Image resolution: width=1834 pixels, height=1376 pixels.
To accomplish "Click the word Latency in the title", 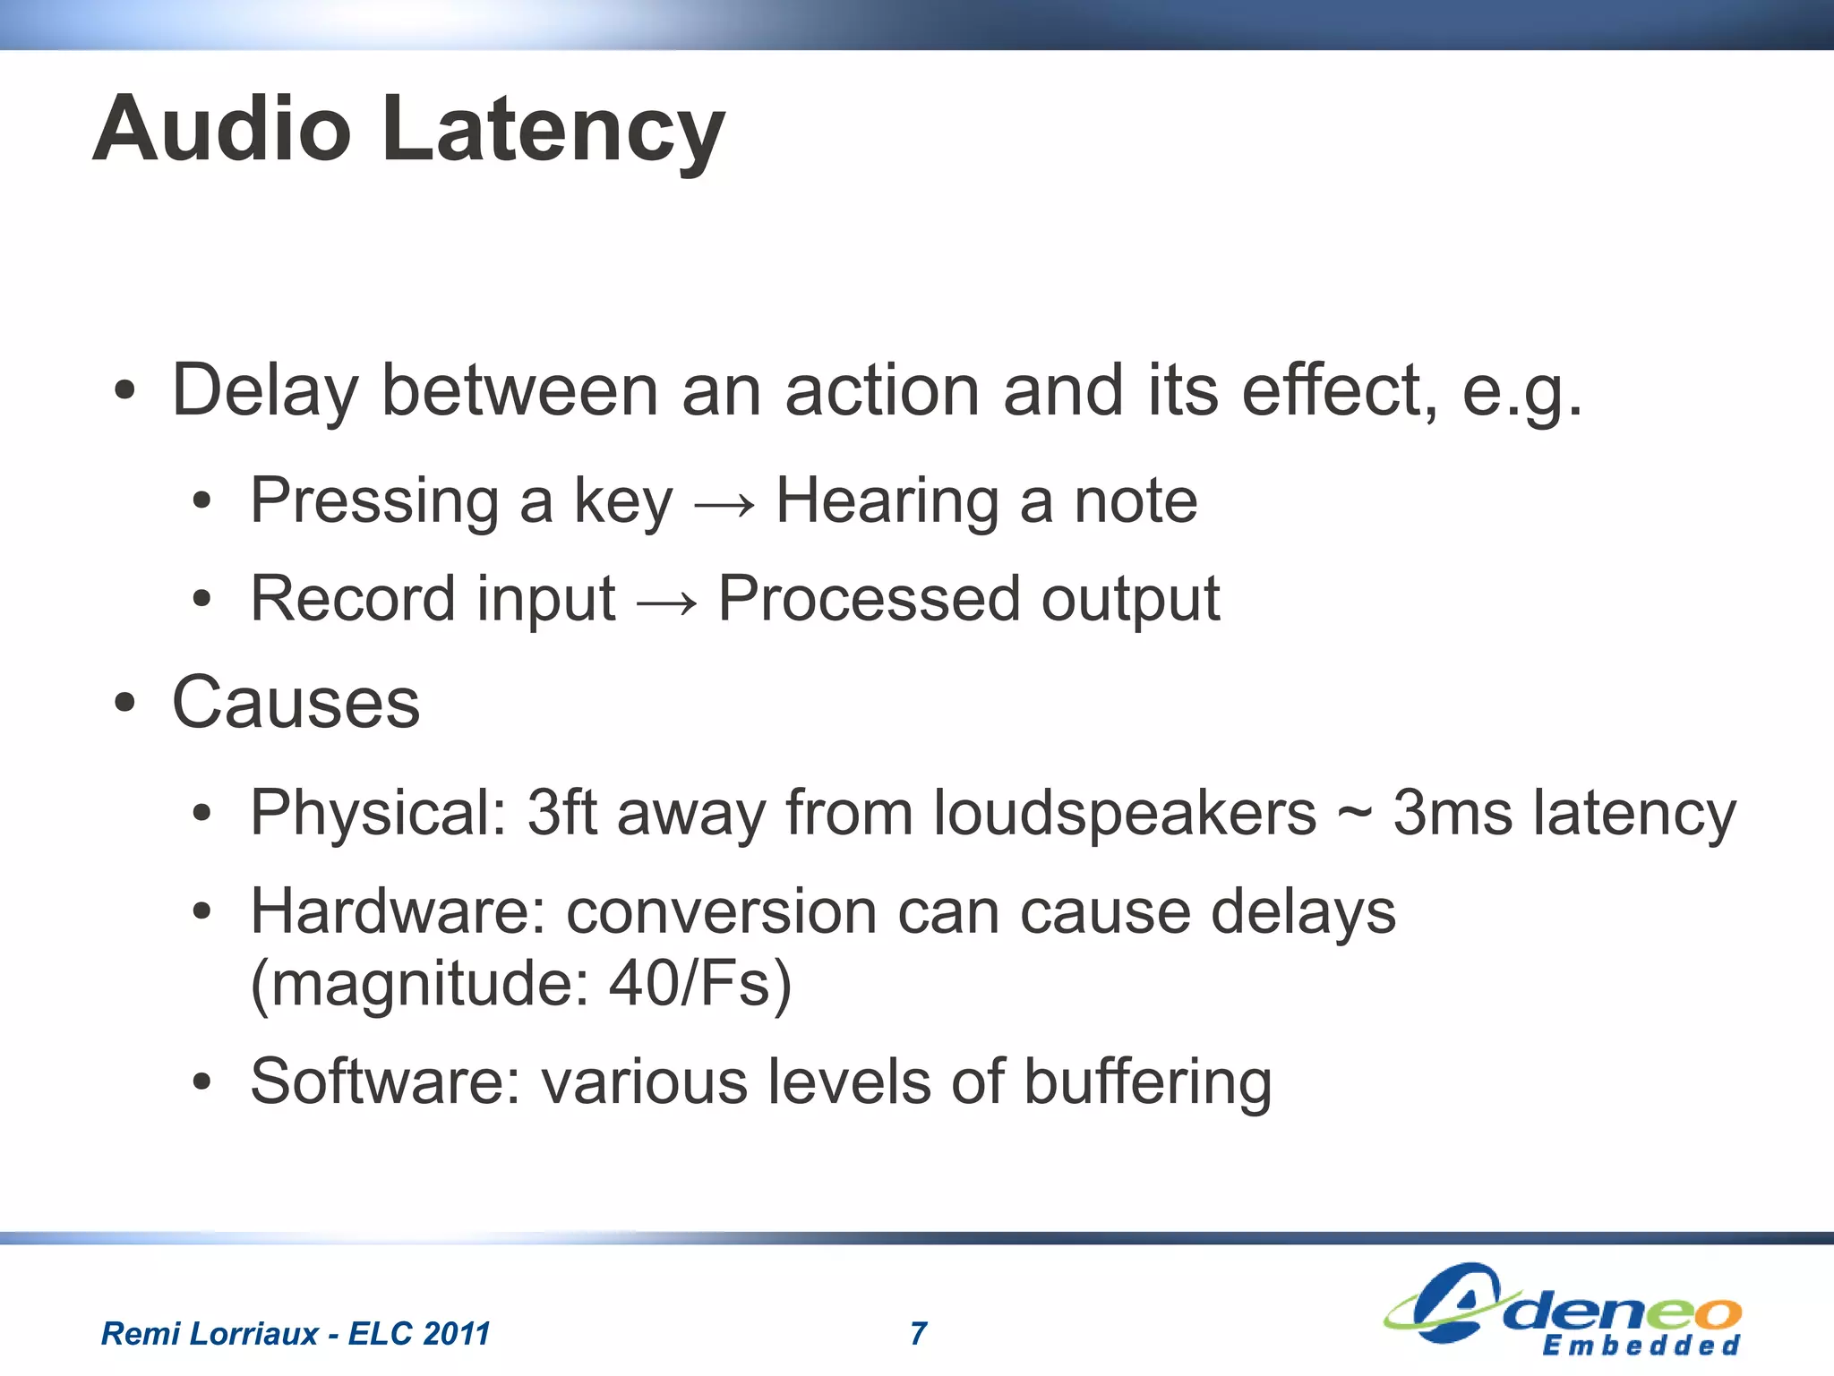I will click(553, 131).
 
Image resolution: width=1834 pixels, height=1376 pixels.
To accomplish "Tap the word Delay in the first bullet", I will click(265, 392).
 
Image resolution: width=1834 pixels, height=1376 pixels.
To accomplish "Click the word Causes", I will click(296, 704).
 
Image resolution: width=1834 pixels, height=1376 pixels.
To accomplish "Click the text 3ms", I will click(1452, 815).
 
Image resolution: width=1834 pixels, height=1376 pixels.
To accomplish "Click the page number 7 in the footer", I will click(918, 1334).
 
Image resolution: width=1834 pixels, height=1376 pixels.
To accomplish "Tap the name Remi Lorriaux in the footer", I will click(210, 1334).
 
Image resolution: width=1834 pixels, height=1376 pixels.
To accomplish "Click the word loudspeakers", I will click(1125, 815).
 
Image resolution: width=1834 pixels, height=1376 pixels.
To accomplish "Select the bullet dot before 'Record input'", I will click(202, 601).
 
